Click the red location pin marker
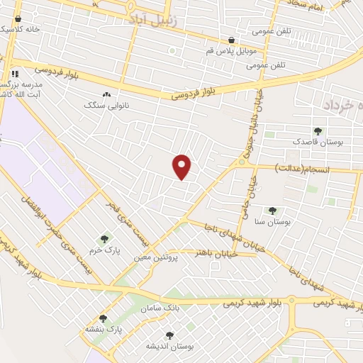tap(182, 167)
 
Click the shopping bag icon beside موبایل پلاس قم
tap(231, 40)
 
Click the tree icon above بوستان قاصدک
tap(317, 130)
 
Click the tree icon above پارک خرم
tap(104, 239)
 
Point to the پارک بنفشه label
tap(104, 330)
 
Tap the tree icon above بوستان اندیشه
tap(169, 335)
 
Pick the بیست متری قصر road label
tap(113, 212)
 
